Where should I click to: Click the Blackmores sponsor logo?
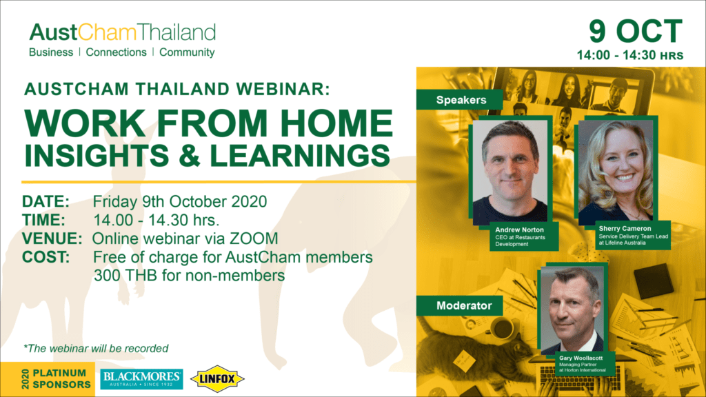pos(141,379)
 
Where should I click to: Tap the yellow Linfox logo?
pos(217,379)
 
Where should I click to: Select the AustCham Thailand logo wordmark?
pos(123,32)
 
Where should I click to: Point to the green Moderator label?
pos(464,306)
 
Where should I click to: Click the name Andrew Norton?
pos(519,230)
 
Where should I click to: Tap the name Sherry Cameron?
pos(625,229)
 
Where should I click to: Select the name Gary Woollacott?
pos(581,358)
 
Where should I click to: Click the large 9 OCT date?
pos(635,32)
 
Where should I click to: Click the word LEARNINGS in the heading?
pos(300,156)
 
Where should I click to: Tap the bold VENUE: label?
pos(52,238)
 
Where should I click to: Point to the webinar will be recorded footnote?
pos(96,348)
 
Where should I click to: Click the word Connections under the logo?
pos(116,52)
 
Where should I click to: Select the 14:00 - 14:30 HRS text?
pos(630,55)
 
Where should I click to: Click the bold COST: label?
pos(46,258)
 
